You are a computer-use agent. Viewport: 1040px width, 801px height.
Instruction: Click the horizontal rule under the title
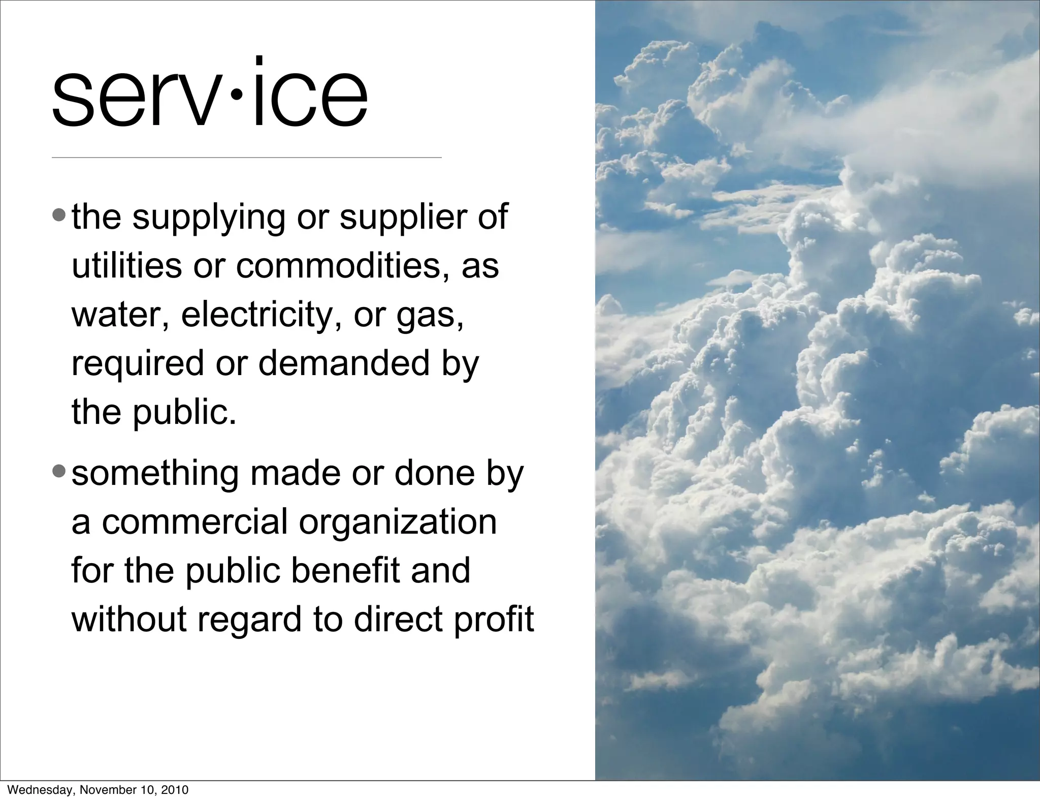(246, 158)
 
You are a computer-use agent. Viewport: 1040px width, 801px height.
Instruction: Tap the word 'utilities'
(126, 265)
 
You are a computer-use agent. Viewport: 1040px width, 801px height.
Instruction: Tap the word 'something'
(155, 474)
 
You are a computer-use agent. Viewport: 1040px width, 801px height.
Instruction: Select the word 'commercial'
(195, 521)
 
